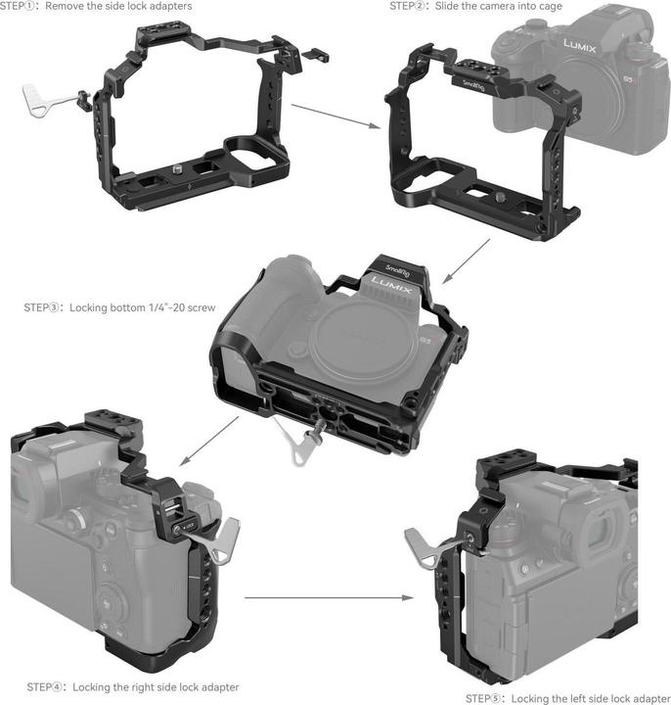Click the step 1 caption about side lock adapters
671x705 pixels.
click(96, 6)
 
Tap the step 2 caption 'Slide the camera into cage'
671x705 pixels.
click(475, 6)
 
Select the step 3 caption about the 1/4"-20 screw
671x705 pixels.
click(119, 307)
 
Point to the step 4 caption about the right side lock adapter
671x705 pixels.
click(133, 687)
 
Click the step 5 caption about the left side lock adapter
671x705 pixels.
click(567, 698)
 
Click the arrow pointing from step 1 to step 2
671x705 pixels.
click(335, 117)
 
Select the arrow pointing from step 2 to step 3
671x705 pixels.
click(466, 261)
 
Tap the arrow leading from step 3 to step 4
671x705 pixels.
click(209, 441)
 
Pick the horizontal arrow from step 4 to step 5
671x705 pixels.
click(330, 597)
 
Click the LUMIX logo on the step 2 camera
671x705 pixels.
click(580, 45)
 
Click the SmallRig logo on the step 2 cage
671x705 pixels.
click(474, 84)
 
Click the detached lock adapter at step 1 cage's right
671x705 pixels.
click(315, 55)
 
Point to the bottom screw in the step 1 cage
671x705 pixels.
click(178, 170)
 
